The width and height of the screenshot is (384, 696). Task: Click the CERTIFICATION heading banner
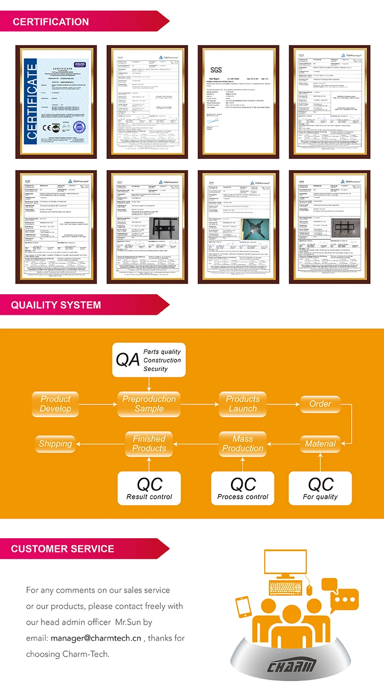pyautogui.click(x=51, y=22)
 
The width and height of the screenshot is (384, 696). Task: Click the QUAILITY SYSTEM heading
pyautogui.click(x=56, y=305)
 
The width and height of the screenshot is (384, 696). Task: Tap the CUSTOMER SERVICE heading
pyautogui.click(x=62, y=549)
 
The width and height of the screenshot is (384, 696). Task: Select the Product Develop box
pyautogui.click(x=55, y=404)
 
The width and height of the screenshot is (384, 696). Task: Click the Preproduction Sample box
pyautogui.click(x=149, y=404)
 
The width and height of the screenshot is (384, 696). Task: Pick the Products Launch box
pyautogui.click(x=243, y=404)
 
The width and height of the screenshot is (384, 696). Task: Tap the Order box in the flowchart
pyautogui.click(x=321, y=404)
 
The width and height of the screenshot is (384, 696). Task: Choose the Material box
pyautogui.click(x=321, y=444)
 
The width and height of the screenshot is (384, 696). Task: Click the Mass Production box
pyautogui.click(x=243, y=444)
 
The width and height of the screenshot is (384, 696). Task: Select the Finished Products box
pyautogui.click(x=149, y=444)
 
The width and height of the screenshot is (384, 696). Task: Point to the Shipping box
pyautogui.click(x=55, y=444)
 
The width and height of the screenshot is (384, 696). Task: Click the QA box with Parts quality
pyautogui.click(x=148, y=360)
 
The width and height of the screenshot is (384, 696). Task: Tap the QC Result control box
pyautogui.click(x=150, y=488)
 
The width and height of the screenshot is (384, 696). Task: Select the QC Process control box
pyautogui.click(x=243, y=488)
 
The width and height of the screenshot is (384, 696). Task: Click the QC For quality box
pyautogui.click(x=321, y=488)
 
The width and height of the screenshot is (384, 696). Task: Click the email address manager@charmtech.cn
pyautogui.click(x=96, y=638)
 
